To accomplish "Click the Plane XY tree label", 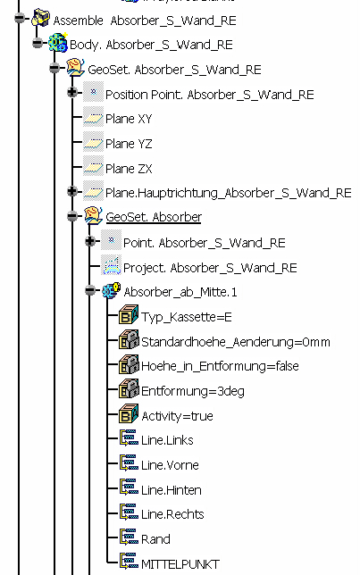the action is point(129,119).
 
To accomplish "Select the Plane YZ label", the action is point(129,144).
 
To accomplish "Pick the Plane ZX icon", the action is point(93,167).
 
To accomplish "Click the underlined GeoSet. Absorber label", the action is point(154,217).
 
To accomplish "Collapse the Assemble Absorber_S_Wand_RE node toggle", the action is point(20,18).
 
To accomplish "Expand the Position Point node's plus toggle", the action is point(72,92).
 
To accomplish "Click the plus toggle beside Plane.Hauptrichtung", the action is point(72,191).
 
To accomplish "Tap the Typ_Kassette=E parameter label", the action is point(187,317).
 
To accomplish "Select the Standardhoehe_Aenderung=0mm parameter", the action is point(236,342).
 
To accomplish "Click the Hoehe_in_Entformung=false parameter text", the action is point(220,366).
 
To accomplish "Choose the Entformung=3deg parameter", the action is point(193,391).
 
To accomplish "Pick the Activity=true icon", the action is point(129,414).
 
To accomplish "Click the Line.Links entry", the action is point(167,440).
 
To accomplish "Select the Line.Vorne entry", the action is point(170,465).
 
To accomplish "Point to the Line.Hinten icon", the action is point(129,488).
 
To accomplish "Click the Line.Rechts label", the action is point(172,514).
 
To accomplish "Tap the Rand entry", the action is point(155,539).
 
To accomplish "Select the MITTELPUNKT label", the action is point(180,564).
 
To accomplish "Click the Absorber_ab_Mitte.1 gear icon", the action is point(111,291).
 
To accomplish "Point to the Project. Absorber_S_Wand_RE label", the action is point(210,268).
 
